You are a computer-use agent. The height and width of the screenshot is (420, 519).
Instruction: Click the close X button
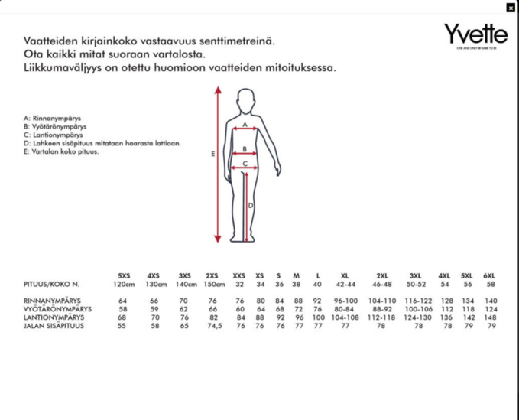point(511,8)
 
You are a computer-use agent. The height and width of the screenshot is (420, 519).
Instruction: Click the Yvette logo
point(475,35)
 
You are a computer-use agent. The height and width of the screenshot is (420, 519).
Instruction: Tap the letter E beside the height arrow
point(212,154)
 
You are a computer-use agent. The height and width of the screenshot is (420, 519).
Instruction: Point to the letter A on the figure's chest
point(245,124)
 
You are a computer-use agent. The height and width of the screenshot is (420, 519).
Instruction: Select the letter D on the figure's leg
point(250,205)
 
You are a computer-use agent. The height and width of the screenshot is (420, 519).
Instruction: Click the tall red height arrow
point(219,164)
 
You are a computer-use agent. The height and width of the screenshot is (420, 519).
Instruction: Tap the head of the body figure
point(245,99)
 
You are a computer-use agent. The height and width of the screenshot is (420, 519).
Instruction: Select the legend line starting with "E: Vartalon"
point(61,151)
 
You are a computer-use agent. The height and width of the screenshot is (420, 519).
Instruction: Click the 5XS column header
point(124,275)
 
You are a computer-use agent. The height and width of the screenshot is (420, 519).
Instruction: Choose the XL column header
point(345,275)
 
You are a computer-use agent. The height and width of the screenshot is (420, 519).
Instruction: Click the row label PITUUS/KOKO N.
point(51,285)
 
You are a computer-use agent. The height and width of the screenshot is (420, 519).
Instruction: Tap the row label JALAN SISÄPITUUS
point(54,327)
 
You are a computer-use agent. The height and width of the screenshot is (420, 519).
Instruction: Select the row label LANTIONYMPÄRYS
point(54,317)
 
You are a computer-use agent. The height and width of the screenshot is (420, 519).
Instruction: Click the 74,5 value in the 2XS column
point(213,327)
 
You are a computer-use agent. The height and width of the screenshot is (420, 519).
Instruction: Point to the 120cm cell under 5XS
point(124,285)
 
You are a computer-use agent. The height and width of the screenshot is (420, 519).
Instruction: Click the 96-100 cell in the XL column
point(345,301)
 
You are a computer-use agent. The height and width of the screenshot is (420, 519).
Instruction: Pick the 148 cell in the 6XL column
point(491,317)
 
